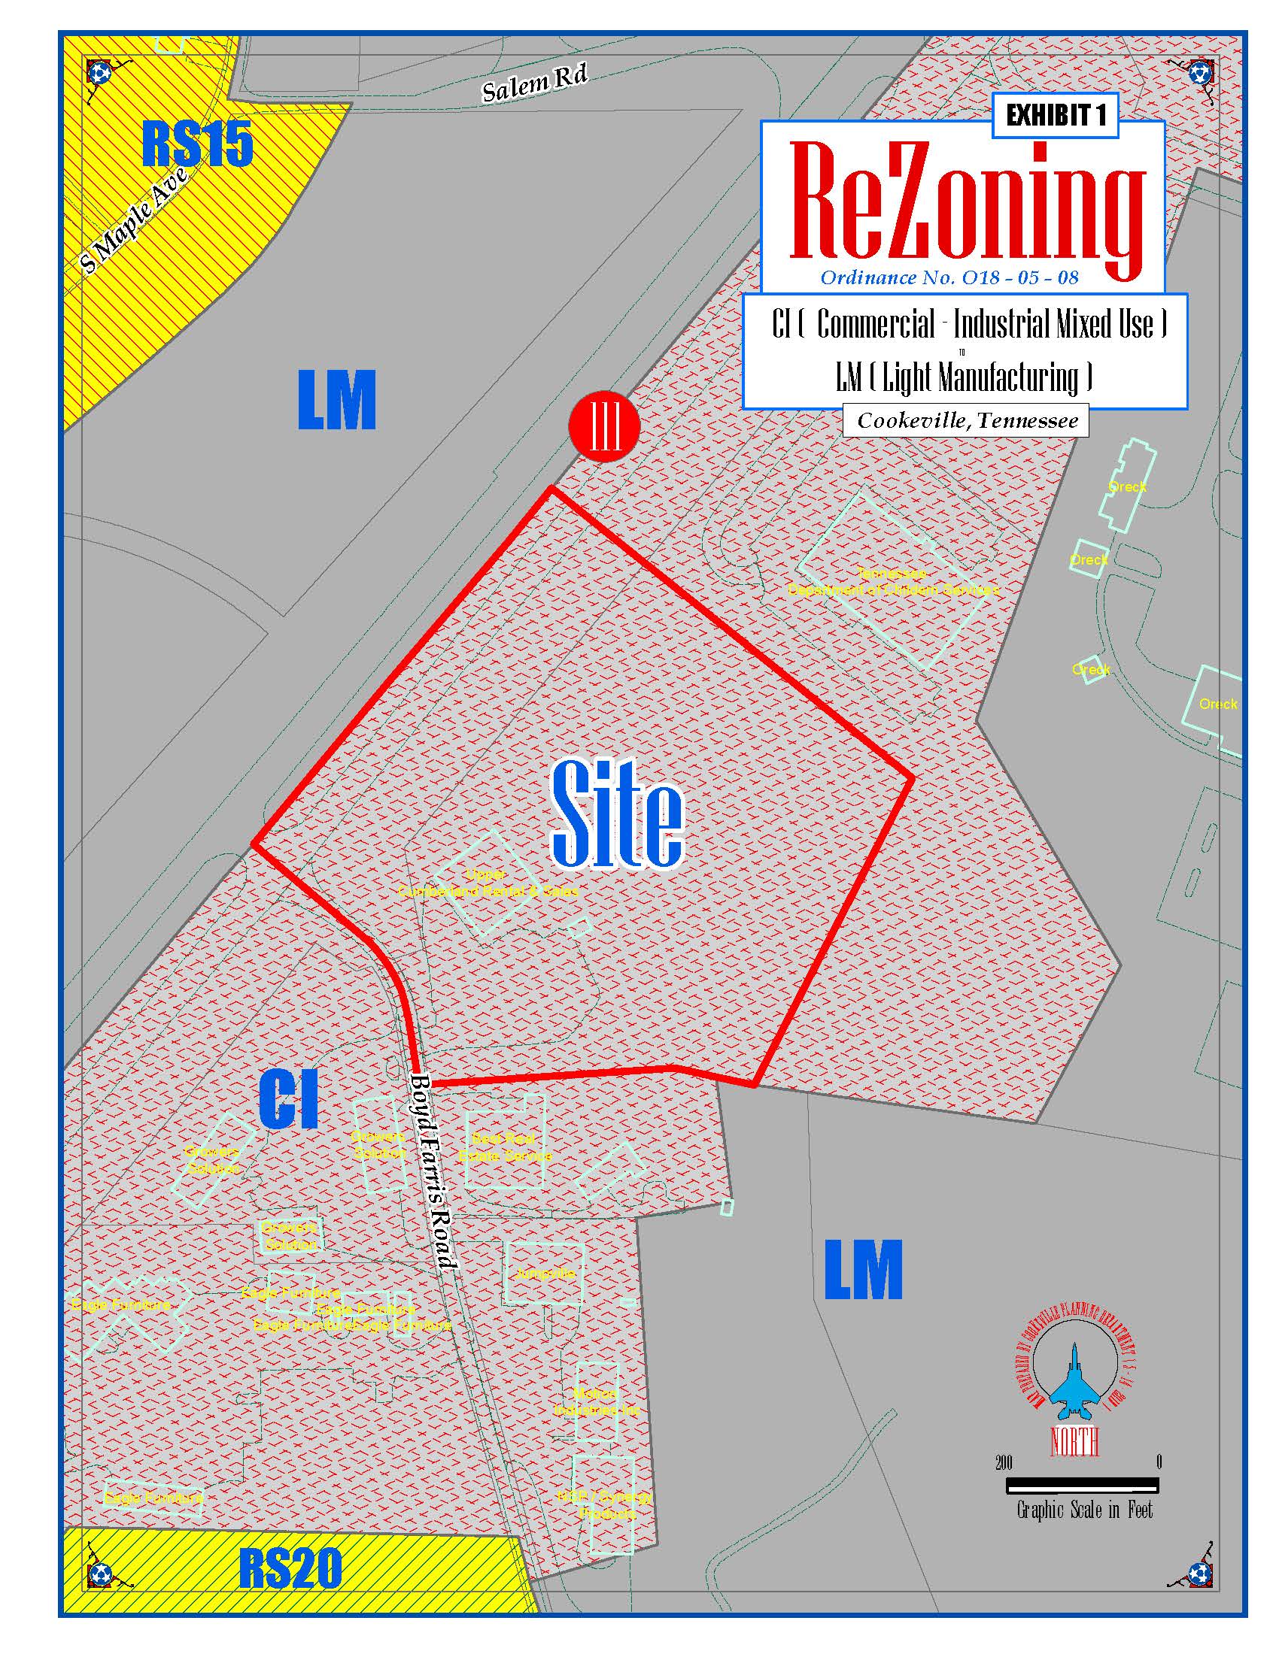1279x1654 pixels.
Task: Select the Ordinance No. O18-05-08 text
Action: point(949,277)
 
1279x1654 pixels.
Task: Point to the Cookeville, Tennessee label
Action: point(967,421)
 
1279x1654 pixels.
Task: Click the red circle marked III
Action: point(604,426)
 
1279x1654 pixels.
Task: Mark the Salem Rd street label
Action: point(535,82)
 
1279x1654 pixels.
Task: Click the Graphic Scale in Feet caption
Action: point(1084,1511)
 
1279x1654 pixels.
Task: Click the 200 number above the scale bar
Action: point(1003,1463)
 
